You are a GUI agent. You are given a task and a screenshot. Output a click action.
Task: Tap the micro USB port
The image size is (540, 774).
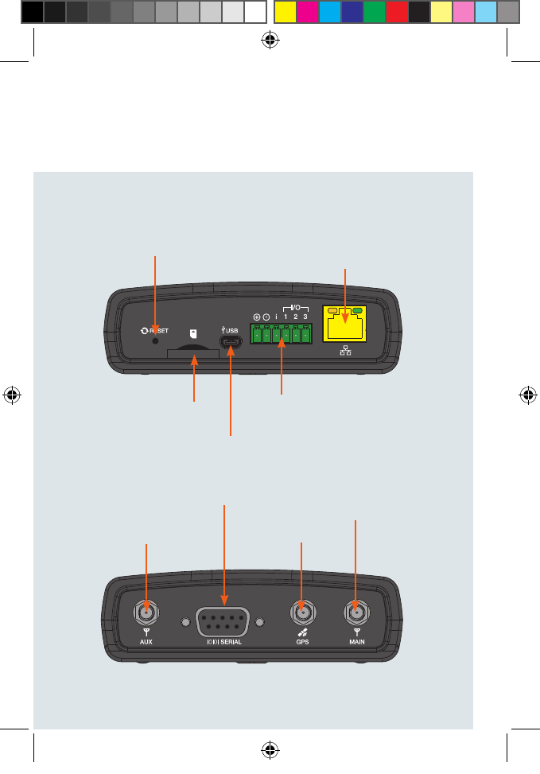click(x=231, y=344)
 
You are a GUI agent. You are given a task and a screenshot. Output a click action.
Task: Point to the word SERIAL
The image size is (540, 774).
click(x=230, y=641)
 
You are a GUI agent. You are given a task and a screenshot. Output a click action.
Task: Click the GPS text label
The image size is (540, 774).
click(x=301, y=641)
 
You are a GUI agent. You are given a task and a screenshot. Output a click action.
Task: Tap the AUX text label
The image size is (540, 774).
click(x=146, y=641)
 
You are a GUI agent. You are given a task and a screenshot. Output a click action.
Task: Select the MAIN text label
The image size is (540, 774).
click(x=355, y=641)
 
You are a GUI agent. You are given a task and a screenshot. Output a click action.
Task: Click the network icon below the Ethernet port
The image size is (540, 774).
click(x=344, y=352)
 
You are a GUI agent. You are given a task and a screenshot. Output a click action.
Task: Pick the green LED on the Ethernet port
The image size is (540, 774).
click(x=357, y=310)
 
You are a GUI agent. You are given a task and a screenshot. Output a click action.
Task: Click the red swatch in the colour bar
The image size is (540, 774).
click(x=396, y=12)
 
